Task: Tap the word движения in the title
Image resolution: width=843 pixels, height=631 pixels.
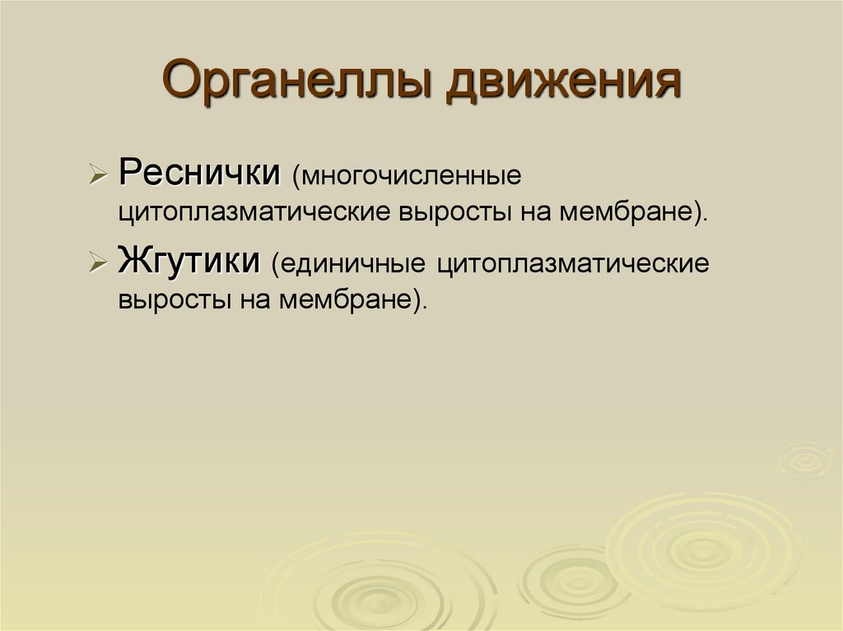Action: (564, 84)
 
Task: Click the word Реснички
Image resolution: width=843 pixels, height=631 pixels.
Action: (198, 174)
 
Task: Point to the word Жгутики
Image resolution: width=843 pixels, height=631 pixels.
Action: (190, 262)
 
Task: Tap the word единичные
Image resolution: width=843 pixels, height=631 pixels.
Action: (353, 265)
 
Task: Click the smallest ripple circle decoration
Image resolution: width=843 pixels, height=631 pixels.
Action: (804, 459)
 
